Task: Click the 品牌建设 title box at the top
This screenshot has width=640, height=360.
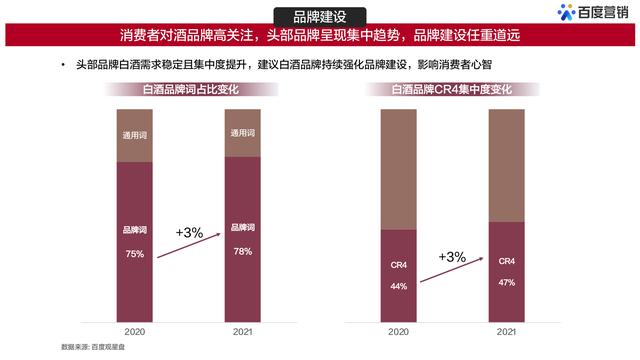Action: coord(320,16)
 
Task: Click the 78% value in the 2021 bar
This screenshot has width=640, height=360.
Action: coord(242,251)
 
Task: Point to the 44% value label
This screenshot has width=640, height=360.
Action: coord(397,286)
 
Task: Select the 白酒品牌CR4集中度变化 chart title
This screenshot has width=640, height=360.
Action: coord(451,90)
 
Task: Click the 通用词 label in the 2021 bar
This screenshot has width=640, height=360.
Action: coord(242,132)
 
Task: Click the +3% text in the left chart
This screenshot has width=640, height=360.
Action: coord(189,232)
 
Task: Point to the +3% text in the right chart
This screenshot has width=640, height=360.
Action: coord(452,257)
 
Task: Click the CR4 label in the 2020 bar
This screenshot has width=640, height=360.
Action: coord(397,266)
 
